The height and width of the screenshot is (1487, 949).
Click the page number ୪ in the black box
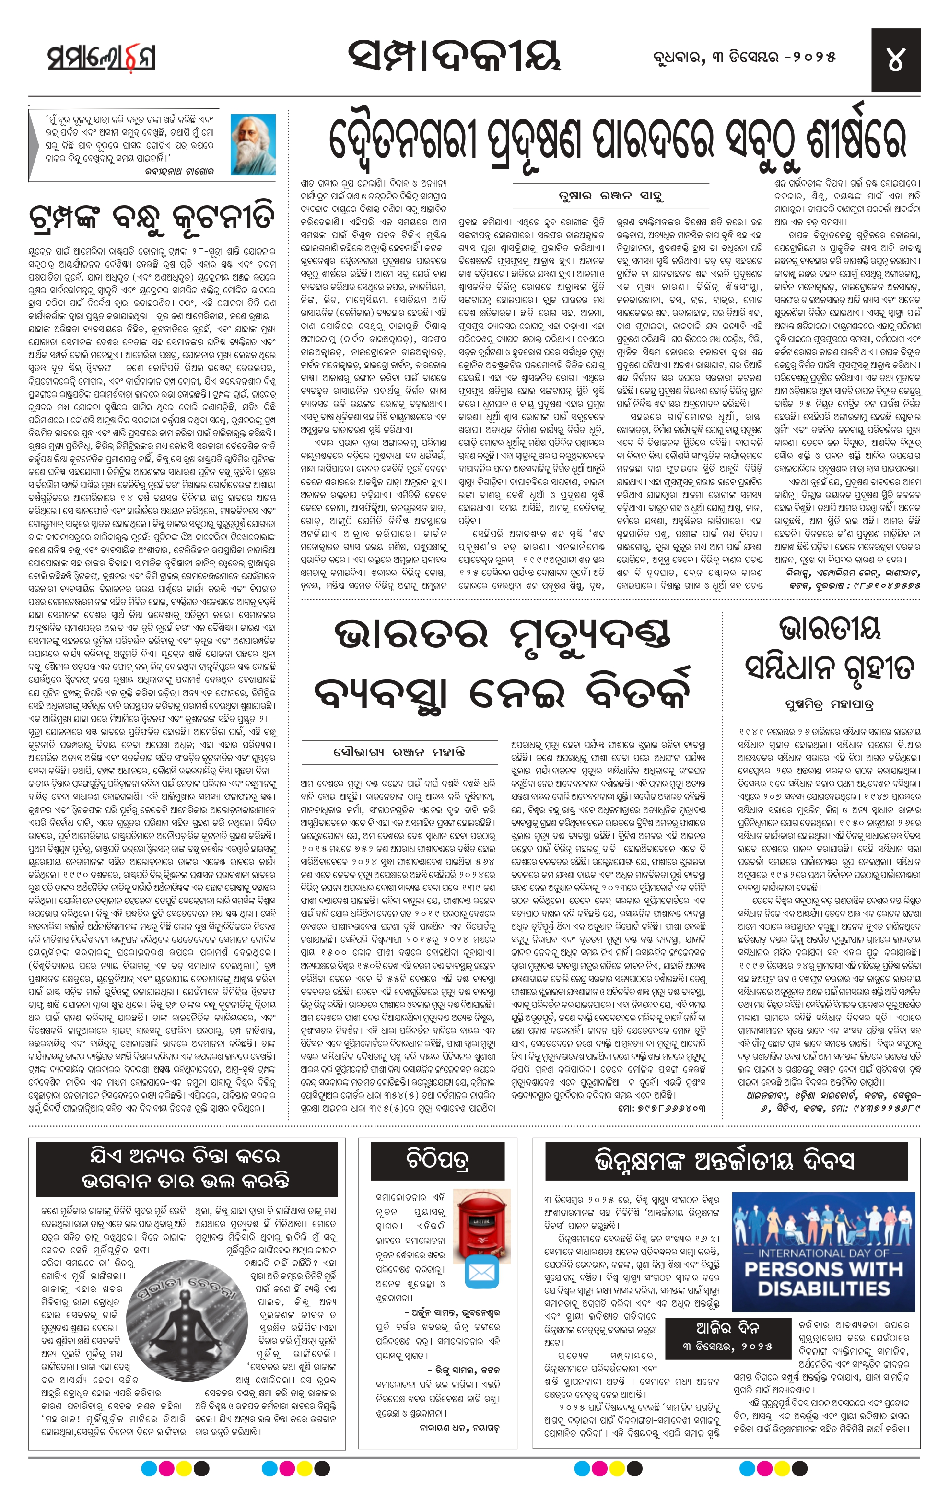895,60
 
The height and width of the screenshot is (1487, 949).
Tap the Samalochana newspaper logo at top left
101,58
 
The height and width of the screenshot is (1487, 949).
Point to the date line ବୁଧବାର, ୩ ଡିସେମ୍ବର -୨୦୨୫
744,58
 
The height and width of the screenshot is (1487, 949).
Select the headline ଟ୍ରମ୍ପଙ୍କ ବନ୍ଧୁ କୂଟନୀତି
151,217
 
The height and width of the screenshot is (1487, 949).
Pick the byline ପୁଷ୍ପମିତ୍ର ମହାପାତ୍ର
829,704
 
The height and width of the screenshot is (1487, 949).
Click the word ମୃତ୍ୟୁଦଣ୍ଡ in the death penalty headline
590,635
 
